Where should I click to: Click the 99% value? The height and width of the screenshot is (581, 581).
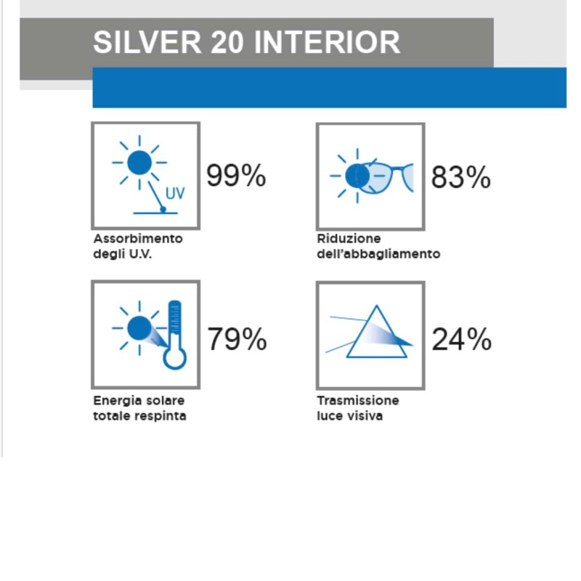tap(236, 176)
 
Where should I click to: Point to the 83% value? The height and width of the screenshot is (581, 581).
tap(460, 177)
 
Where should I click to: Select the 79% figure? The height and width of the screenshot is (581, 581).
tap(237, 339)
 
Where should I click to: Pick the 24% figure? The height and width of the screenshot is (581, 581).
tap(461, 339)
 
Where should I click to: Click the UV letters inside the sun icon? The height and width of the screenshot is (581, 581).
tap(175, 194)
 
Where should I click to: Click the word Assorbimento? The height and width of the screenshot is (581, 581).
tap(138, 238)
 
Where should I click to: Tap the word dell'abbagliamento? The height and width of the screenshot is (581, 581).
tap(378, 254)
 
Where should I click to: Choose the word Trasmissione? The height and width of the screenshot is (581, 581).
tap(358, 400)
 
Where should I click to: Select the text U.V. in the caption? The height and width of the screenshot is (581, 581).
tap(141, 254)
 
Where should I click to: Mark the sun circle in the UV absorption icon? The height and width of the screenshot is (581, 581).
tap(139, 162)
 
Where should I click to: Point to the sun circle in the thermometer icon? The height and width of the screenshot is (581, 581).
tap(138, 328)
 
